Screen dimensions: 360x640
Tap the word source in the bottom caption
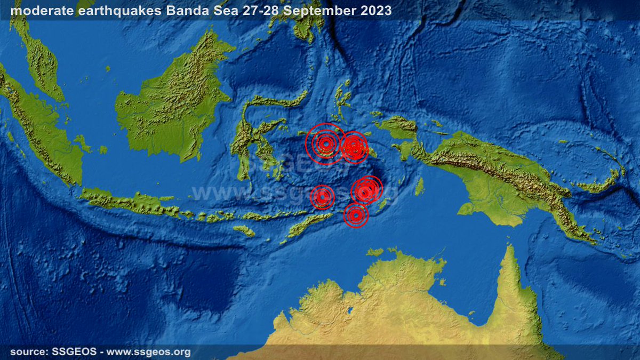click(26, 352)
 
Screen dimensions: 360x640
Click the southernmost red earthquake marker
click(356, 215)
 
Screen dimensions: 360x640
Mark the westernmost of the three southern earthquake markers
click(322, 197)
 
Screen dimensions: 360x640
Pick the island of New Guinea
click(496, 171)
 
